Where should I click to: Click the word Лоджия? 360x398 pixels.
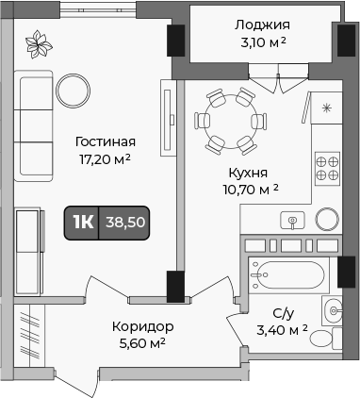[x=262, y=25]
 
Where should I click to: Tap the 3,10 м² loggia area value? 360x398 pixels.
[x=263, y=42]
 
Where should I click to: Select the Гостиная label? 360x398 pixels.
[x=106, y=141]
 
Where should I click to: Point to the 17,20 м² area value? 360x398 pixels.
[x=105, y=159]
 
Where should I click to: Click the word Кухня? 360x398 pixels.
[x=248, y=173]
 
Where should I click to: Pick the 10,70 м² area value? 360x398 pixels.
[x=251, y=190]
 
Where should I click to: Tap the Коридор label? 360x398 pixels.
[x=143, y=327]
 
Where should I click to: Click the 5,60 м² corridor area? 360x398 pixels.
[x=142, y=343]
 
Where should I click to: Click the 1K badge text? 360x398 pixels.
[x=83, y=223]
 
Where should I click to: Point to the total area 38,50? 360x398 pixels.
[x=125, y=223]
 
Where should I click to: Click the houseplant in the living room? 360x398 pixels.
[x=39, y=44]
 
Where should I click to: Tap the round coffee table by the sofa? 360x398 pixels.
[x=73, y=91]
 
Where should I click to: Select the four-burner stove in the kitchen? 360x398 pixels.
[x=328, y=169]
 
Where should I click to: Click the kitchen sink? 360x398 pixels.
[x=292, y=220]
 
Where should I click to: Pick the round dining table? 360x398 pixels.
[x=231, y=122]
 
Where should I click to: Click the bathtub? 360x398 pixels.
[x=288, y=275]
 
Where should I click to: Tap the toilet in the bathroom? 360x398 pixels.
[x=325, y=339]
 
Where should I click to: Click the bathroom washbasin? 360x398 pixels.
[x=333, y=311]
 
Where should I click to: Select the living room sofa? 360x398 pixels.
[x=33, y=125]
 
